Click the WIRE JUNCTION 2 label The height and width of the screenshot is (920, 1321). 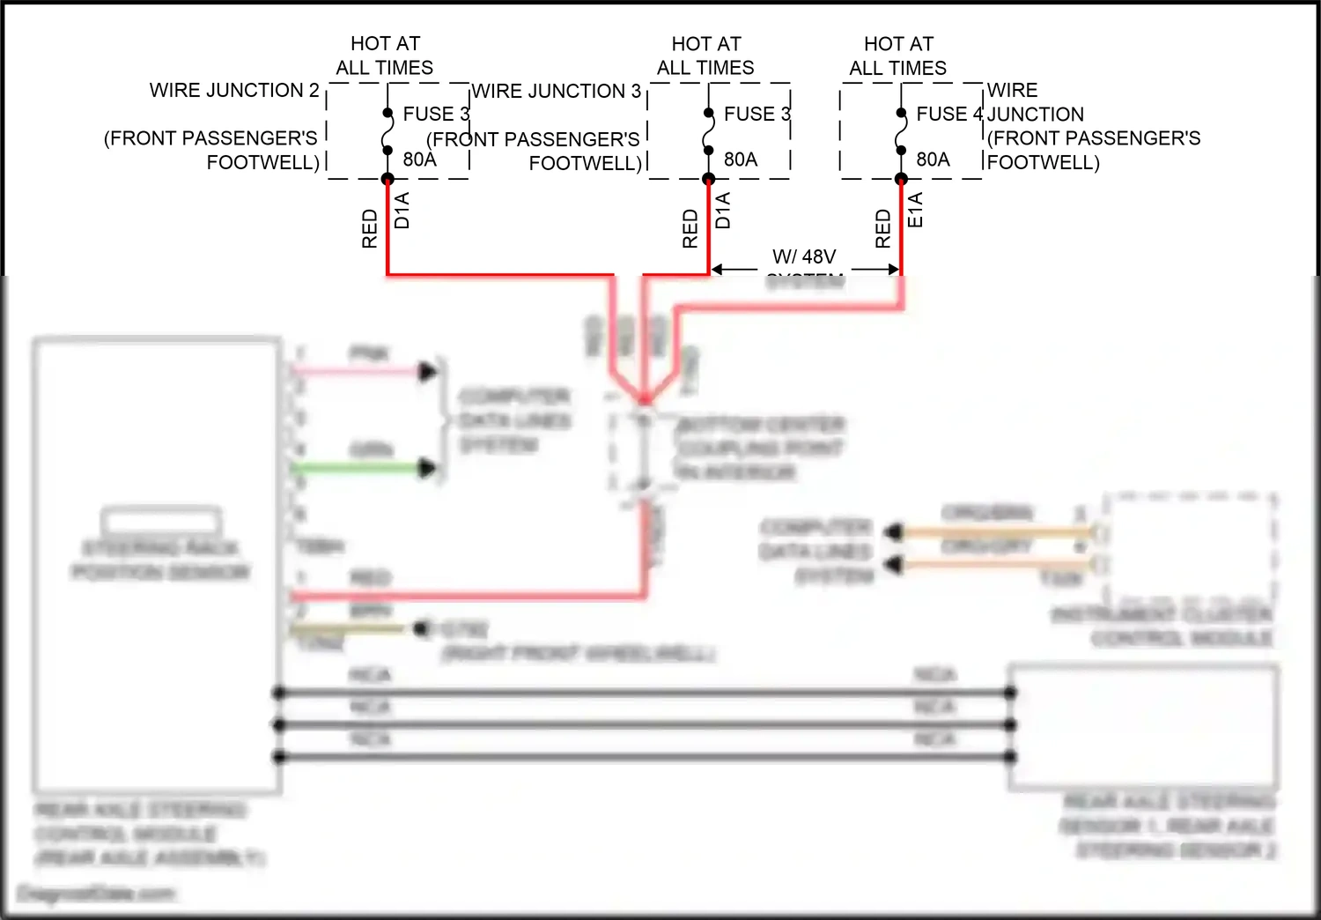(x=234, y=91)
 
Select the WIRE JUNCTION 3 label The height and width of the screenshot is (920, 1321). (x=557, y=92)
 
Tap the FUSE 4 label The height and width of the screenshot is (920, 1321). (x=949, y=115)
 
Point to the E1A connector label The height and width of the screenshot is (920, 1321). (x=916, y=211)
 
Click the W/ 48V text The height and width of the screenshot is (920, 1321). (x=804, y=257)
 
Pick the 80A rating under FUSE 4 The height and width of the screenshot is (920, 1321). (x=933, y=160)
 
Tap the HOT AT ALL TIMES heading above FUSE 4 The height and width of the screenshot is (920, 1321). (x=898, y=56)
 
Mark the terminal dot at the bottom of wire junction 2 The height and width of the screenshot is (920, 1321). (x=387, y=179)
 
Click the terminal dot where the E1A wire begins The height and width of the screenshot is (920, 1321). (x=901, y=179)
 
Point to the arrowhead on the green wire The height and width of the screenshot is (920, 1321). (x=429, y=468)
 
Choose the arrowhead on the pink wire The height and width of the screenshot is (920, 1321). (x=429, y=372)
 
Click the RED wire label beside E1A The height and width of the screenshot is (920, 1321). (x=883, y=228)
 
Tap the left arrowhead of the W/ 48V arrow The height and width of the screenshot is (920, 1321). (x=717, y=269)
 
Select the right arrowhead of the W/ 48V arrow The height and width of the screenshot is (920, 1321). (x=894, y=269)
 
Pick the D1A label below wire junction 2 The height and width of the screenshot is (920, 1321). (x=402, y=211)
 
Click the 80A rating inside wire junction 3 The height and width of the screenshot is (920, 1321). (x=741, y=160)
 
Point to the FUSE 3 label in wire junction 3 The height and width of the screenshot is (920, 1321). (x=757, y=115)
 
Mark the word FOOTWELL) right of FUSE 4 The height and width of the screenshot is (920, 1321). (x=1044, y=163)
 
